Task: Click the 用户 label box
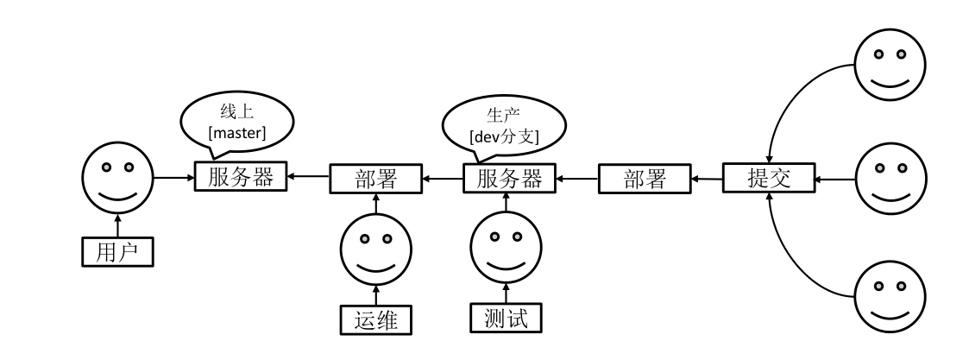[x=117, y=252]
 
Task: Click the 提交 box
[x=769, y=180]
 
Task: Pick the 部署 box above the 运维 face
[x=375, y=180]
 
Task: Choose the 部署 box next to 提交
[x=645, y=180]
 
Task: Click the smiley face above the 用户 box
[x=117, y=179]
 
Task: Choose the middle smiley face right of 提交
[x=890, y=180]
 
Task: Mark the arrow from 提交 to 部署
[x=708, y=180]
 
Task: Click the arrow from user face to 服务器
[x=174, y=178]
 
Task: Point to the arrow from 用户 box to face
[x=117, y=225]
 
